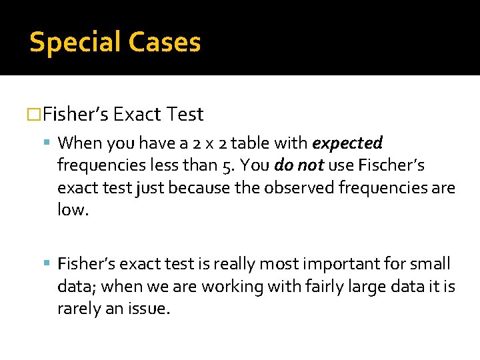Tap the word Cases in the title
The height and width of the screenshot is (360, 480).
point(165,42)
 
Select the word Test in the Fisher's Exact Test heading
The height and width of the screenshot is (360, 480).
point(186,115)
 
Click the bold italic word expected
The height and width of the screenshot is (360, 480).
point(347,143)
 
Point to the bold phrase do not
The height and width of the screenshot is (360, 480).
point(299,165)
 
